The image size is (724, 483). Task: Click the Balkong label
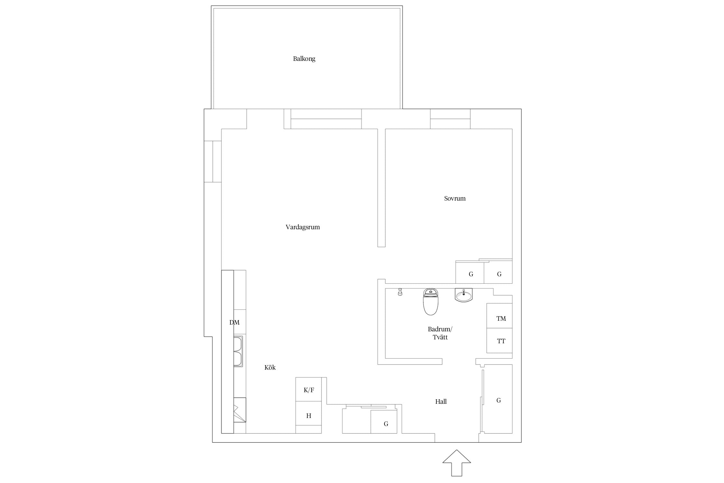[304, 59]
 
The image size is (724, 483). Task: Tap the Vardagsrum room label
[303, 227]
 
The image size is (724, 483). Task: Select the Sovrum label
[455, 198]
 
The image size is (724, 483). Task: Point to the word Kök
[270, 367]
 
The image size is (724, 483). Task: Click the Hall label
[441, 402]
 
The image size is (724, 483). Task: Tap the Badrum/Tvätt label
[440, 333]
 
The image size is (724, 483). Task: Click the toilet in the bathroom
[431, 302]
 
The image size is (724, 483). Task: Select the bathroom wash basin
[464, 295]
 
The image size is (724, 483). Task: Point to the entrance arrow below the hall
[457, 463]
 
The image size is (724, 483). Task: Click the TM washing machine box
[499, 316]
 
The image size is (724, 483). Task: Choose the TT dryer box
[499, 340]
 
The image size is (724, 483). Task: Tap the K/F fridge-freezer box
[309, 389]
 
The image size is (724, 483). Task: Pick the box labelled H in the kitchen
[309, 413]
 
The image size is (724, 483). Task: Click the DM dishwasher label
[234, 322]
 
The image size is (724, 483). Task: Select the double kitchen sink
[238, 351]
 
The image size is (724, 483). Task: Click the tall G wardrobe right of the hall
[498, 399]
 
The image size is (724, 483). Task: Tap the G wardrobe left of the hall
[384, 422]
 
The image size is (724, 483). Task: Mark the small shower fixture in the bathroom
[400, 292]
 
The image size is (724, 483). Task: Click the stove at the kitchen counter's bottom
[240, 410]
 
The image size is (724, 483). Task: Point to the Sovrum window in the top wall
[450, 119]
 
